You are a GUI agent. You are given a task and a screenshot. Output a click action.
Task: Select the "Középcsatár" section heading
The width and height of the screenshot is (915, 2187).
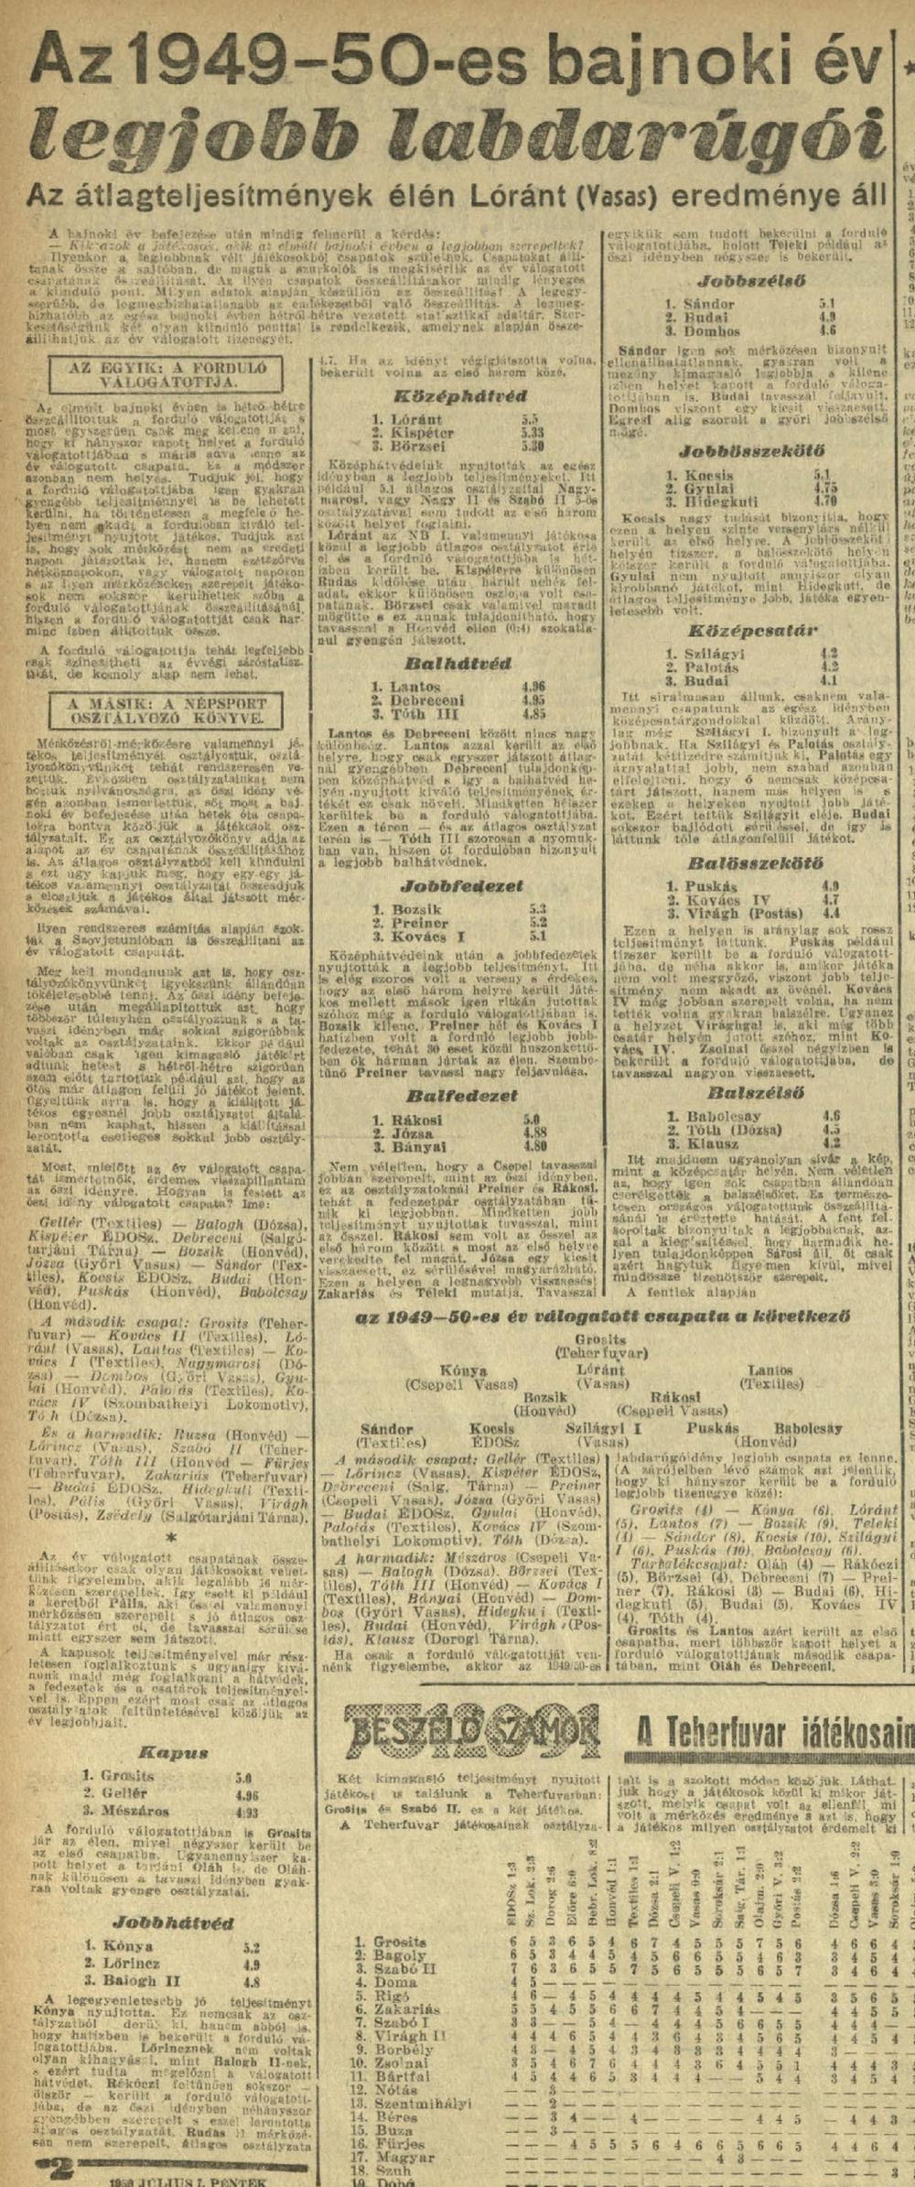click(x=752, y=631)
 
